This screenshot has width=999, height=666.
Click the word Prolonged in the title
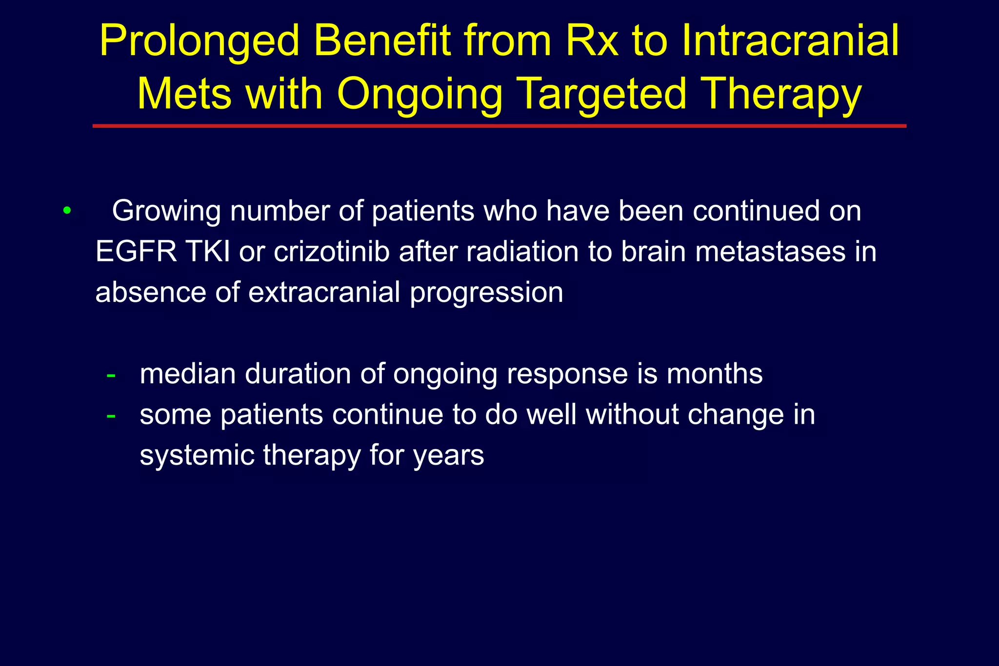coord(199,41)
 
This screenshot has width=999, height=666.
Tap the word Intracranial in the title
coord(790,41)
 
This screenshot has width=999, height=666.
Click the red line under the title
coord(499,126)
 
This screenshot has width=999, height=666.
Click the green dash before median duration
coord(111,375)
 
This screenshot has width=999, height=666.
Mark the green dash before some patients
coord(111,416)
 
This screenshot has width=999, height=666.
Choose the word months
coord(714,374)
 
